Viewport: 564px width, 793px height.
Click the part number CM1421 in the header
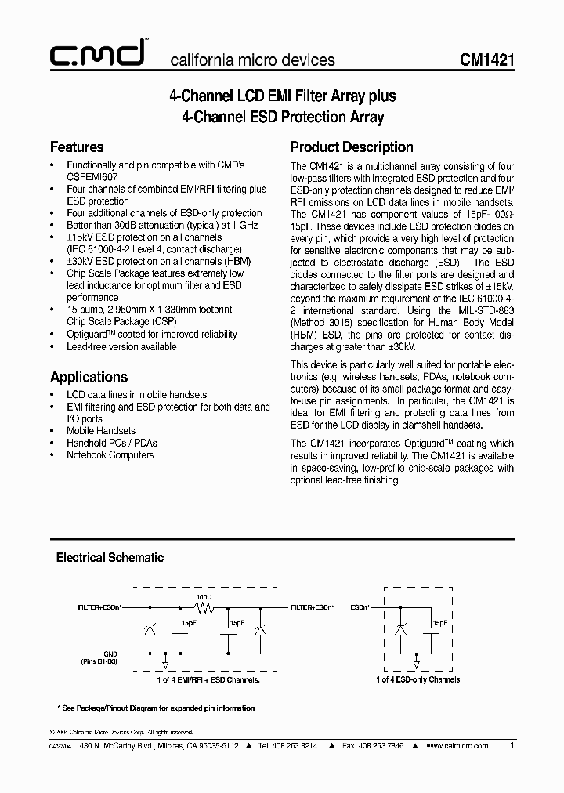(486, 60)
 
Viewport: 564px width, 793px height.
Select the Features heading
(77, 147)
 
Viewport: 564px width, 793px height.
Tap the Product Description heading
(352, 147)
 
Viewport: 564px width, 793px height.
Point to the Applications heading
(89, 376)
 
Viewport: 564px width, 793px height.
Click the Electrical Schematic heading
(110, 558)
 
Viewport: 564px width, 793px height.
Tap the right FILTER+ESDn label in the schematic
(314, 607)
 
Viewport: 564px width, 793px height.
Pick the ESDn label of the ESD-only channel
(360, 607)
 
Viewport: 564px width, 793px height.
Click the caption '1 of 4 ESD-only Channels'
(418, 679)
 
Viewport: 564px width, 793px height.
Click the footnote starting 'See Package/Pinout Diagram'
(157, 708)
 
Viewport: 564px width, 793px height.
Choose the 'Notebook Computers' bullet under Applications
(110, 454)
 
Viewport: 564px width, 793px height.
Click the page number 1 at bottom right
(512, 746)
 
